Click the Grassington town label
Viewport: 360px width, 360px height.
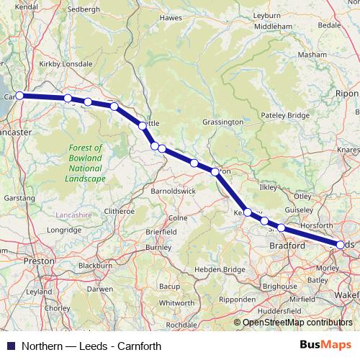(223, 122)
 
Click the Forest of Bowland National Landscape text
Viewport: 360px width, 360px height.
(85, 163)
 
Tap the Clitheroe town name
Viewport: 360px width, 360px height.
(120, 211)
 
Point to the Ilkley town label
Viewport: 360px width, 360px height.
(267, 187)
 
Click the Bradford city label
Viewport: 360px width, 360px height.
(288, 246)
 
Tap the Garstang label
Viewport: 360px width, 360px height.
(18, 197)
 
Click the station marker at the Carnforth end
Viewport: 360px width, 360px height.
(20, 95)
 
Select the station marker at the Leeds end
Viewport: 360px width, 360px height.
(341, 245)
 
